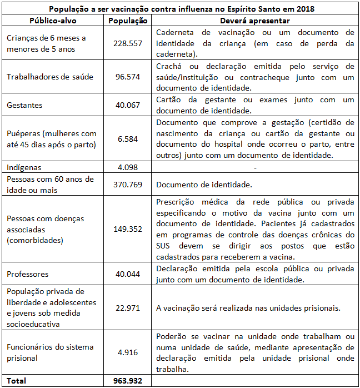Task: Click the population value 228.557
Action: [x=127, y=43]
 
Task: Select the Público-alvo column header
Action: [x=53, y=21]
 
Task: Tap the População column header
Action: [x=127, y=21]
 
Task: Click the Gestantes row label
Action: [x=24, y=105]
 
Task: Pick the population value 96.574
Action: [x=127, y=77]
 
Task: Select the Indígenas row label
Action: [x=24, y=167]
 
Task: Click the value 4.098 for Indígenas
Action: [x=127, y=167]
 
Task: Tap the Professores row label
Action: [x=27, y=274]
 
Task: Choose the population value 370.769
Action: [x=127, y=184]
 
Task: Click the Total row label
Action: [x=16, y=381]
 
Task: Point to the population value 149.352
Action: [x=127, y=229]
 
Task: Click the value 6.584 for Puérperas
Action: [x=127, y=139]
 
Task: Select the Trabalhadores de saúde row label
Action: [x=49, y=77]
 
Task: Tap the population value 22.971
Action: [x=127, y=308]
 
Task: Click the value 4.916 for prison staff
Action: [x=127, y=352]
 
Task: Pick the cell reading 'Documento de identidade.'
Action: [x=204, y=184]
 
